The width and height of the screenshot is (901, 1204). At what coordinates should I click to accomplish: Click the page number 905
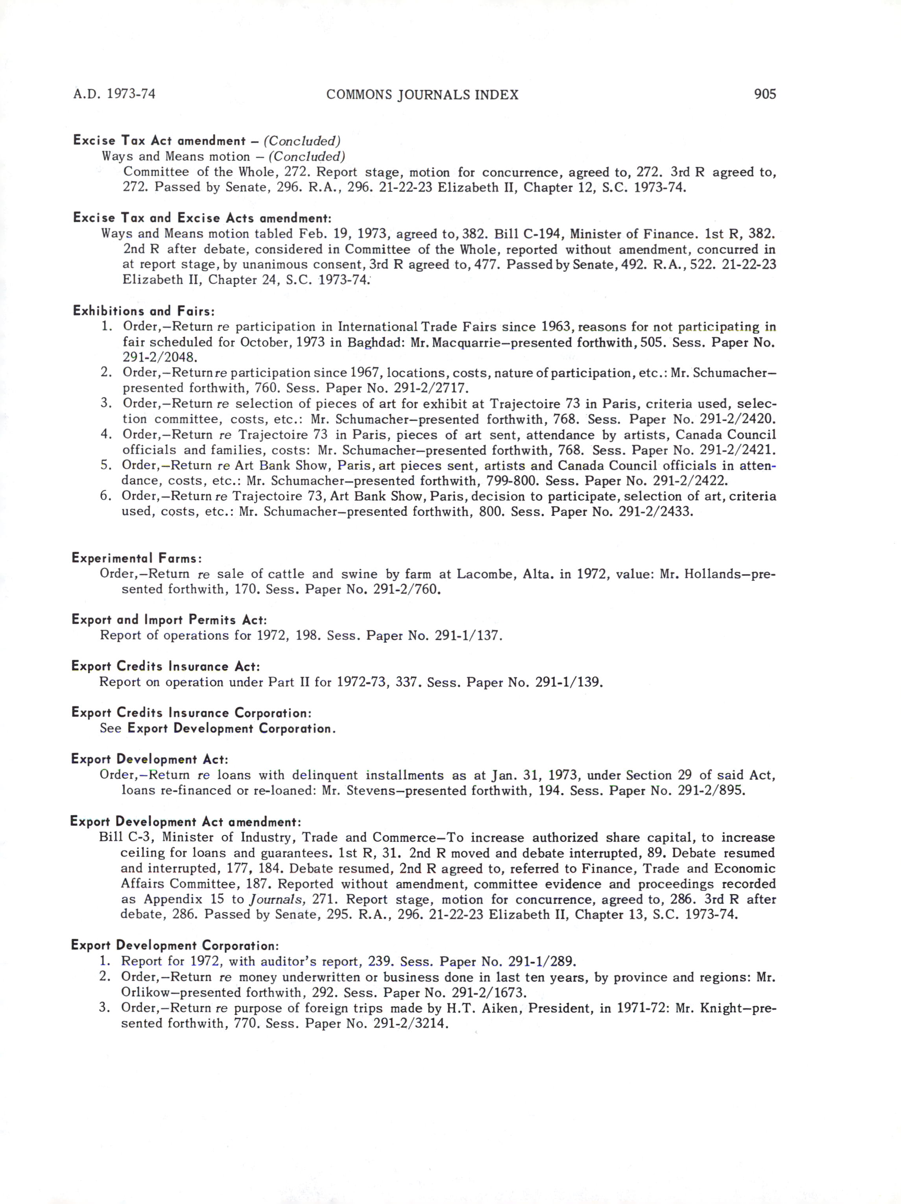coord(764,94)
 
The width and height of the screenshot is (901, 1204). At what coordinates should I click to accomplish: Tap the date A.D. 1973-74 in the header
coord(114,94)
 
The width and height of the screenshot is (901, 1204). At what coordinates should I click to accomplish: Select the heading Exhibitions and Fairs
coord(144,312)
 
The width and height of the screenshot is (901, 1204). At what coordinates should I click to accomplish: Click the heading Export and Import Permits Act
coord(169,620)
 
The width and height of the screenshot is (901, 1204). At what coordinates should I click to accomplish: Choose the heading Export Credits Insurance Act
coord(166,666)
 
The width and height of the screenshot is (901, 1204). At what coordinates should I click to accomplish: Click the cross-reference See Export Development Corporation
coord(218,728)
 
